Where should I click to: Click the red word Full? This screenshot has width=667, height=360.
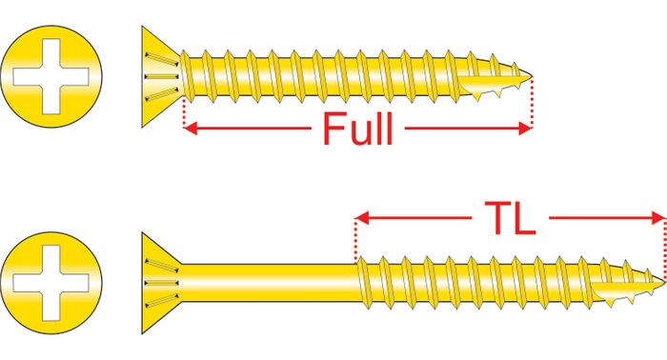click(x=357, y=128)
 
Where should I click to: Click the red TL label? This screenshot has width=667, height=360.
click(x=510, y=218)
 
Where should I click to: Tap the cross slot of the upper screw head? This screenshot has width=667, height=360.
click(x=51, y=76)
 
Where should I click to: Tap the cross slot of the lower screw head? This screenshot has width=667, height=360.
click(x=51, y=283)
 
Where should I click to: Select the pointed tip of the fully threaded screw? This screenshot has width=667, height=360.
click(x=532, y=77)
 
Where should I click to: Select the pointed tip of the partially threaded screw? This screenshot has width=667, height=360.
click(x=663, y=282)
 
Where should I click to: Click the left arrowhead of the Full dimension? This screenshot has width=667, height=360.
click(x=191, y=128)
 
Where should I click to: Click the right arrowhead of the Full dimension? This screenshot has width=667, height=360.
click(x=525, y=128)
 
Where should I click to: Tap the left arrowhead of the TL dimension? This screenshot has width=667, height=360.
click(x=362, y=218)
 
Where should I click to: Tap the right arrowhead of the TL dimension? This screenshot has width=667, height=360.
click(x=657, y=218)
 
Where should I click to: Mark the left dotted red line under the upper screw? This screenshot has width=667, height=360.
click(x=184, y=111)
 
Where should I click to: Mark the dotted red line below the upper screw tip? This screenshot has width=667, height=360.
click(x=532, y=102)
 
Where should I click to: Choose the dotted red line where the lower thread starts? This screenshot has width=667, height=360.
click(x=356, y=240)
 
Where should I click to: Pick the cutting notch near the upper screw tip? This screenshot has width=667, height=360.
click(x=494, y=87)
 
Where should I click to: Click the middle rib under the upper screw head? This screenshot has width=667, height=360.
click(x=162, y=76)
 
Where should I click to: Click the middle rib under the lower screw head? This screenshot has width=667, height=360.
click(x=162, y=283)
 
